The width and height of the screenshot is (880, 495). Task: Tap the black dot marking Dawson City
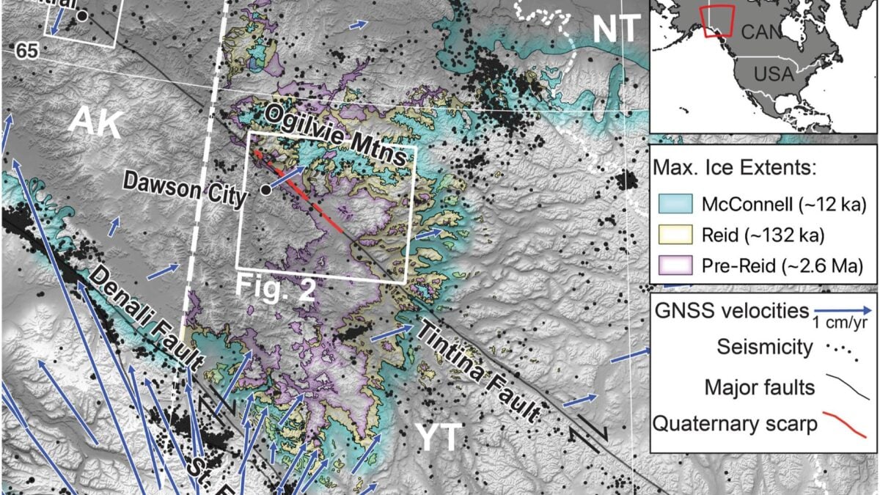(265, 189)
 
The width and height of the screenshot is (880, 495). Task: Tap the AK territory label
(95, 125)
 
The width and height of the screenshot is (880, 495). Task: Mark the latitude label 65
(26, 51)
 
